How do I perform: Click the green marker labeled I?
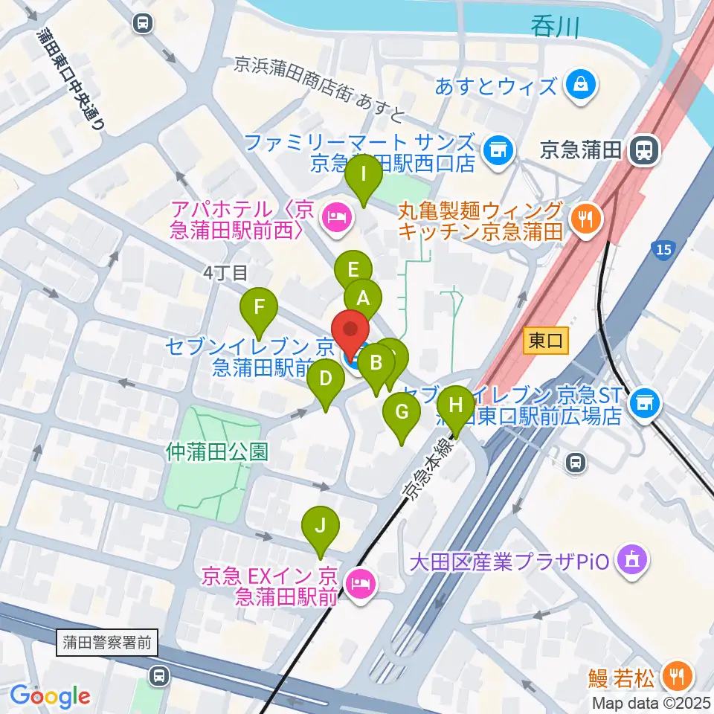364,176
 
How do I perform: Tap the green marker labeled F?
259,307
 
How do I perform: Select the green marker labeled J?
321,527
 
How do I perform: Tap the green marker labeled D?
326,379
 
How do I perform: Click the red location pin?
350,330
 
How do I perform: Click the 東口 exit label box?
545,341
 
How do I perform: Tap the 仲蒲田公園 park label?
216,451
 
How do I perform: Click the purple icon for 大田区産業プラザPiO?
633,559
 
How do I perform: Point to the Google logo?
49,696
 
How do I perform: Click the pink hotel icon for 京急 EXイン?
361,584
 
